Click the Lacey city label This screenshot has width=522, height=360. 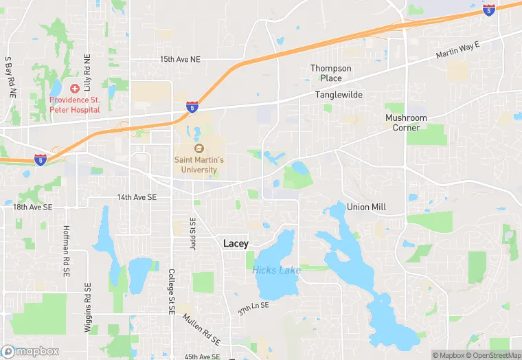(x=236, y=244)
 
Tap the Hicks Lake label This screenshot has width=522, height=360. (x=276, y=270)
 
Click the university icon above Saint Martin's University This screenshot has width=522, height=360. (x=199, y=148)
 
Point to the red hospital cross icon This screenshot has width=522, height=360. (x=75, y=89)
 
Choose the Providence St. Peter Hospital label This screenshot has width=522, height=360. (x=75, y=105)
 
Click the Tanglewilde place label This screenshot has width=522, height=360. (x=339, y=95)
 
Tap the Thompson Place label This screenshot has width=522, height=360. (x=331, y=74)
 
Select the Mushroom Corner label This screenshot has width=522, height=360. (x=406, y=123)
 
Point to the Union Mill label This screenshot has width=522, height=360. (x=367, y=207)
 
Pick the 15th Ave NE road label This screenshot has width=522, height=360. (x=179, y=60)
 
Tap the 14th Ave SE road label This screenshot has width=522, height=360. (x=137, y=197)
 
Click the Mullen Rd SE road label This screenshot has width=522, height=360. (x=201, y=330)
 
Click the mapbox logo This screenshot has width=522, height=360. (x=30, y=352)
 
